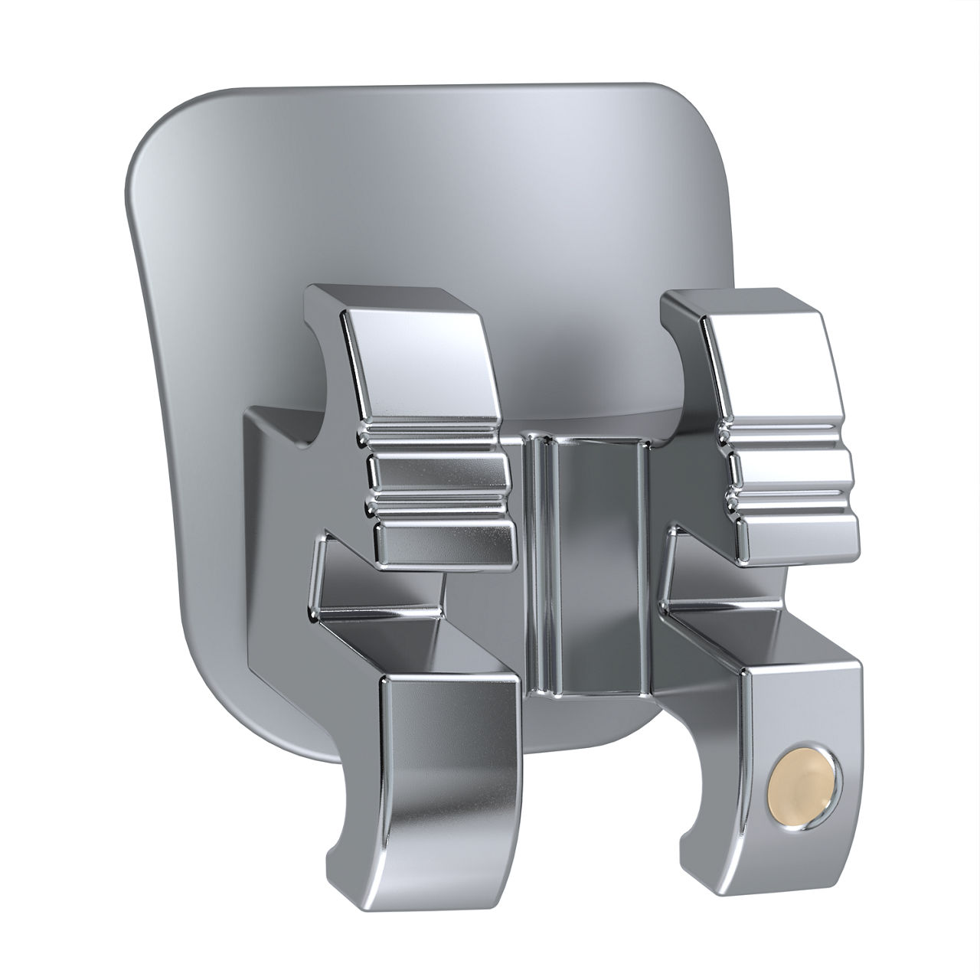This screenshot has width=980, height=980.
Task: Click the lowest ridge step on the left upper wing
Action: tap(444, 540)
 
